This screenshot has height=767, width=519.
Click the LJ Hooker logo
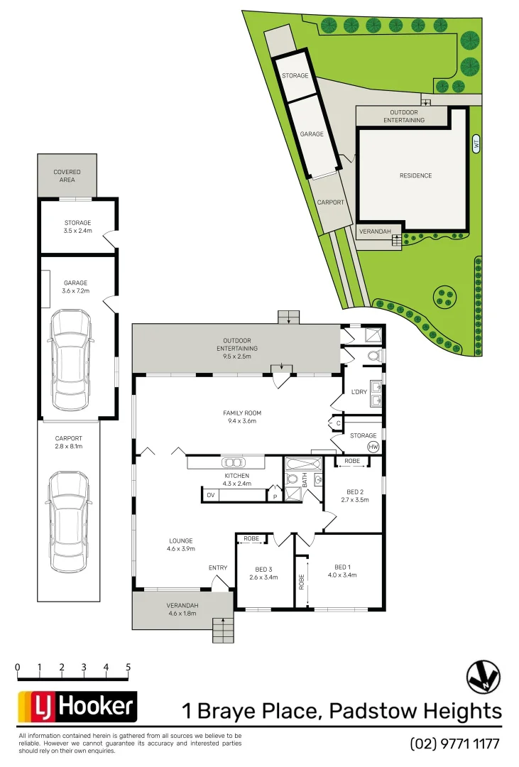pyautogui.click(x=77, y=706)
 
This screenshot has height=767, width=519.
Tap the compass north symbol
pyautogui.click(x=484, y=677)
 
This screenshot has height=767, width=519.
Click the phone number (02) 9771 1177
pyautogui.click(x=455, y=744)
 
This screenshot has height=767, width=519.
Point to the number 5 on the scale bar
pyautogui.click(x=129, y=668)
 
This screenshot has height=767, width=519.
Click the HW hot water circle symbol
pyautogui.click(x=373, y=447)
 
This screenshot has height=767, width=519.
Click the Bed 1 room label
pyautogui.click(x=342, y=571)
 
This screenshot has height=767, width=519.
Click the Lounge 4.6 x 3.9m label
pyautogui.click(x=180, y=545)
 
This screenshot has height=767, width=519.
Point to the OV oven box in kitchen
pyautogui.click(x=211, y=495)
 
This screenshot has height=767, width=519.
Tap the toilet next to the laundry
pyautogui.click(x=374, y=354)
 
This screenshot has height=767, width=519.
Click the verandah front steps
pyautogui.click(x=223, y=630)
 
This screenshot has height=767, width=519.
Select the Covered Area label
pyautogui.click(x=67, y=175)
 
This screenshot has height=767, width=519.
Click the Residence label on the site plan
pyautogui.click(x=415, y=175)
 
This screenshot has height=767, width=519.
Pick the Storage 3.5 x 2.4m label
pyautogui.click(x=78, y=227)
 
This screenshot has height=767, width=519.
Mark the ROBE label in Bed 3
pyautogui.click(x=251, y=539)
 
